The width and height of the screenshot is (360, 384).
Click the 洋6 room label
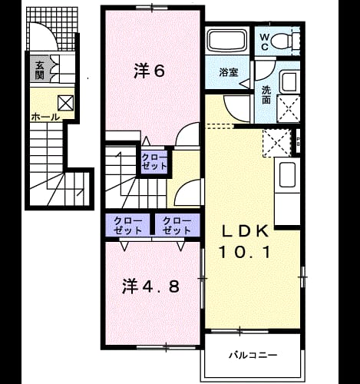tap(150, 71)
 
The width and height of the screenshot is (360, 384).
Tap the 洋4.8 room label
tap(150, 286)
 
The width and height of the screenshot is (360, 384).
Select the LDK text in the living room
tap(246, 231)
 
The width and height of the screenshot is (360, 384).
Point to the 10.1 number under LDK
tap(245, 252)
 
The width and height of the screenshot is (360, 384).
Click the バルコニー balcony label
tap(253, 356)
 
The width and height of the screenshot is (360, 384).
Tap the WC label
tap(265, 42)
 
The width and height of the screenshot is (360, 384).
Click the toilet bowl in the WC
tap(281, 41)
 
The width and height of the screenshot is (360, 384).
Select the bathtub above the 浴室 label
tap(227, 41)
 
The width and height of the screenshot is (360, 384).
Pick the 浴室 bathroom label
tap(229, 72)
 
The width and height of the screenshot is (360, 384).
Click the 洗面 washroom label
tap(266, 95)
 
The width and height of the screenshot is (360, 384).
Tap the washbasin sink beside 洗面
tap(289, 81)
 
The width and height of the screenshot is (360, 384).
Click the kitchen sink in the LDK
tap(288, 174)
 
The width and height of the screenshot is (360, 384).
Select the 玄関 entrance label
tap(40, 70)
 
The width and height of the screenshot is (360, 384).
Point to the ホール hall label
tap(45, 118)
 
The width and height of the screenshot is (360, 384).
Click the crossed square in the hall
tap(65, 103)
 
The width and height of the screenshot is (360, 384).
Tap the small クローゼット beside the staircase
tap(154, 162)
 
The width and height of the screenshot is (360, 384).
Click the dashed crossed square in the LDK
tap(277, 143)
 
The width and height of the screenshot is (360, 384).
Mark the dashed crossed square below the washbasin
tap(289, 107)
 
